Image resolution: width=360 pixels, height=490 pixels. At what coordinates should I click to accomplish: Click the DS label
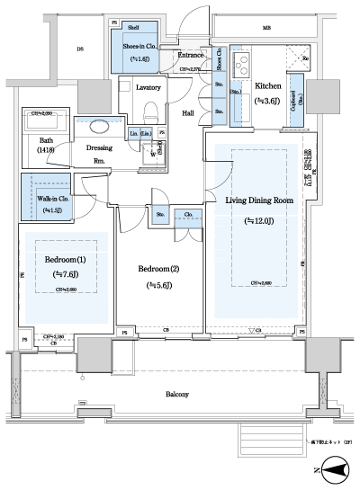80,50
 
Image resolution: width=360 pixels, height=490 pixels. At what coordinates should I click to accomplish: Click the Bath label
46,139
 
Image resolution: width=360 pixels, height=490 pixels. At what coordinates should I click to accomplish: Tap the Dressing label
99,147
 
